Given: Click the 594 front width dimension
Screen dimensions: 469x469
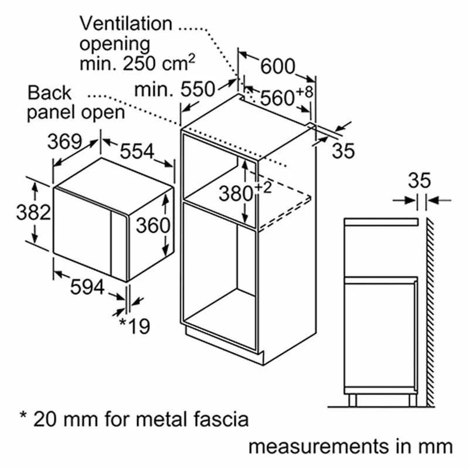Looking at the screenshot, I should point(87,287).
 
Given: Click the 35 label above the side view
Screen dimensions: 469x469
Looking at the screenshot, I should point(419,181).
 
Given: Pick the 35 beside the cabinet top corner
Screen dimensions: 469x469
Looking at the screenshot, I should point(343,151).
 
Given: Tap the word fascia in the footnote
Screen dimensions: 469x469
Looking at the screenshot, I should point(220,419).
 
